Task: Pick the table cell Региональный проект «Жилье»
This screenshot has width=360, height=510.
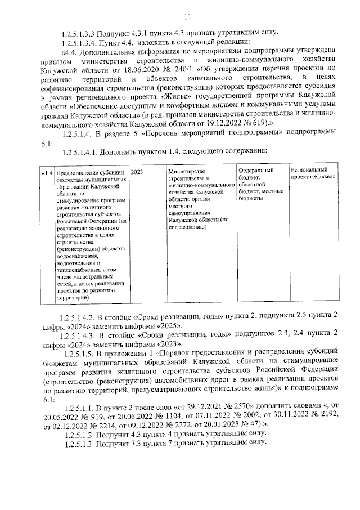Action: point(313,173)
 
